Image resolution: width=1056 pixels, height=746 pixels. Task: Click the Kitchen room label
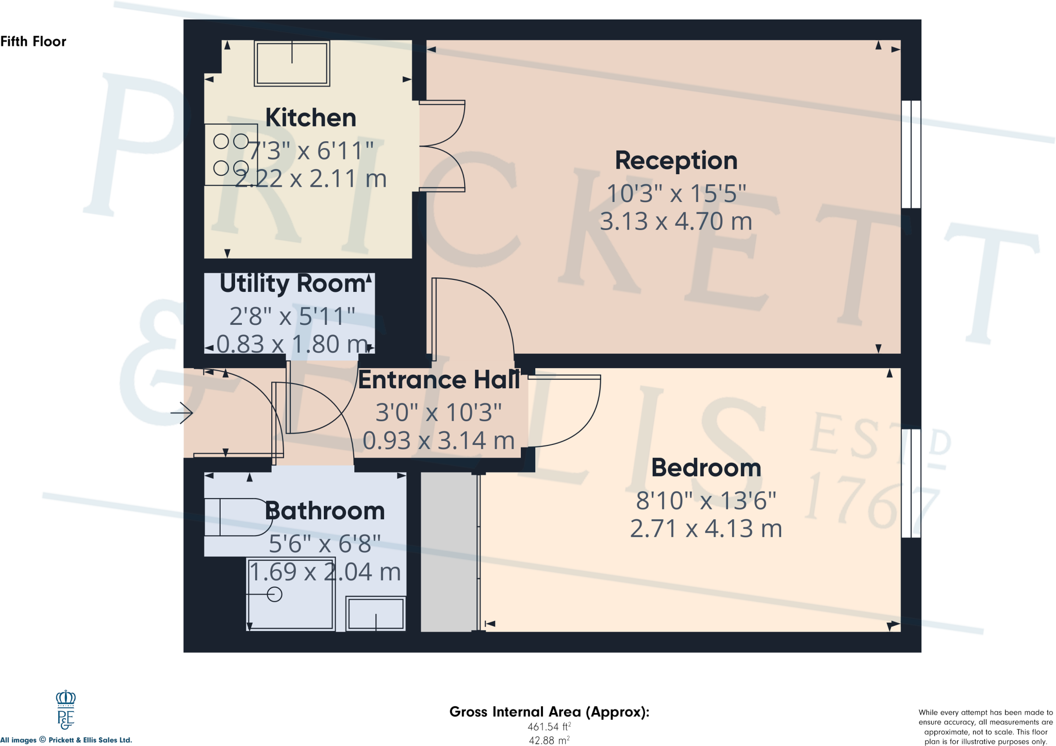pos(310,118)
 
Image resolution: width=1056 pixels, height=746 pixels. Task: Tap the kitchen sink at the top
pos(292,63)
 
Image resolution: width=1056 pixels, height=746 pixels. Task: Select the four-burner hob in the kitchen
pos(231,154)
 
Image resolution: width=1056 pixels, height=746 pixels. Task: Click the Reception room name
pos(676,160)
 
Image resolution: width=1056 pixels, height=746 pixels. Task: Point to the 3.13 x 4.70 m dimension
pos(676,222)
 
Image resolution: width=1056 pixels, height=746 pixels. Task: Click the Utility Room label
pos(292,284)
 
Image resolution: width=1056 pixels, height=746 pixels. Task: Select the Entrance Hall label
pos(439,380)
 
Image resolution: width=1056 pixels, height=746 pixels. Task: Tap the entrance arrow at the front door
pos(182,412)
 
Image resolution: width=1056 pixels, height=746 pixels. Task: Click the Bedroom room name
pos(706,468)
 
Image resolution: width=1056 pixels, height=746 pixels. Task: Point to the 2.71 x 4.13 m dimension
pos(706,529)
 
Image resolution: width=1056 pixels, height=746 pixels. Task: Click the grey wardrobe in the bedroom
pos(448,552)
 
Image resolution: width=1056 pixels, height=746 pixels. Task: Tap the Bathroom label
pos(325,511)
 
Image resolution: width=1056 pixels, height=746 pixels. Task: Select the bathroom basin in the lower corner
pos(375,614)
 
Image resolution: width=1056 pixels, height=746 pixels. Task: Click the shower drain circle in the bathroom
pos(275,594)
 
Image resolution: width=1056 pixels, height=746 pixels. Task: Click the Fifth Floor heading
pos(34,41)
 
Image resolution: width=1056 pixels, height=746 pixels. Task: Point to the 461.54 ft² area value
pos(549,727)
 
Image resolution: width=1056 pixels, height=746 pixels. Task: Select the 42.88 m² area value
pos(549,740)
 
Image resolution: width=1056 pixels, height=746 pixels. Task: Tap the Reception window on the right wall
pos(911,154)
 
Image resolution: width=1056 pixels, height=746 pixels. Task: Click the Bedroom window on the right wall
pos(911,483)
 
